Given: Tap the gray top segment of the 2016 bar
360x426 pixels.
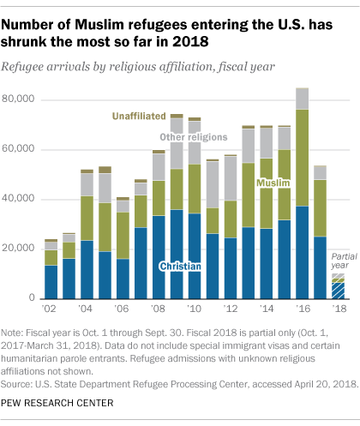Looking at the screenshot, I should tap(302, 99).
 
